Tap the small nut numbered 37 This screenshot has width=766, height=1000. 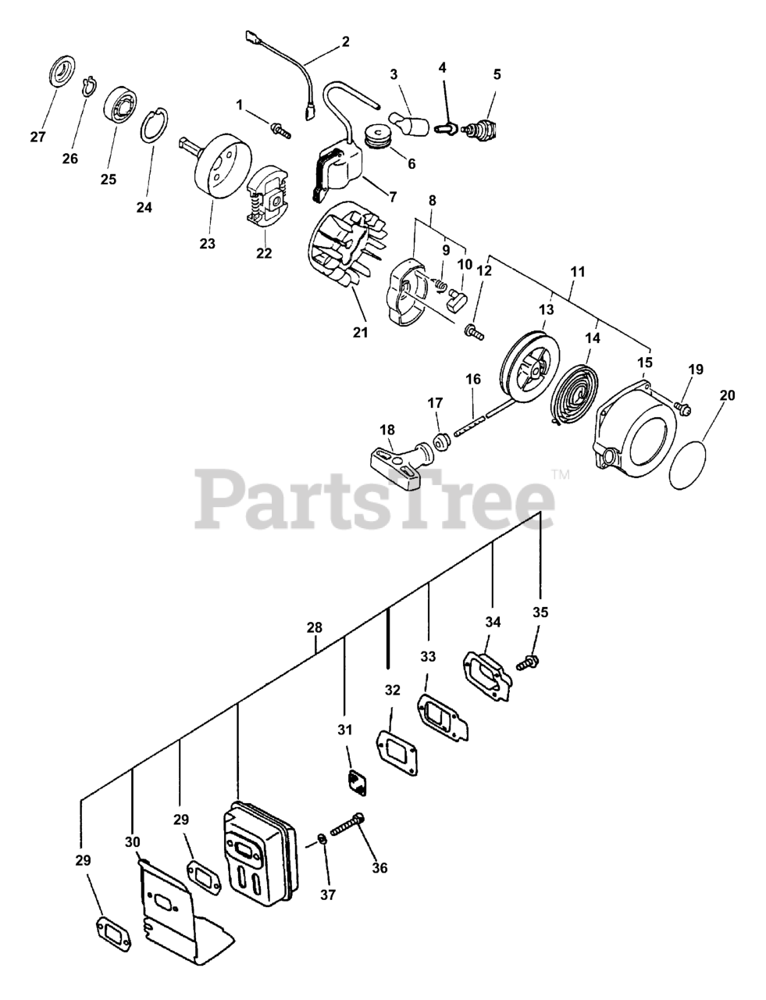(x=321, y=841)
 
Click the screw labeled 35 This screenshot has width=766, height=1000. (x=528, y=663)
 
